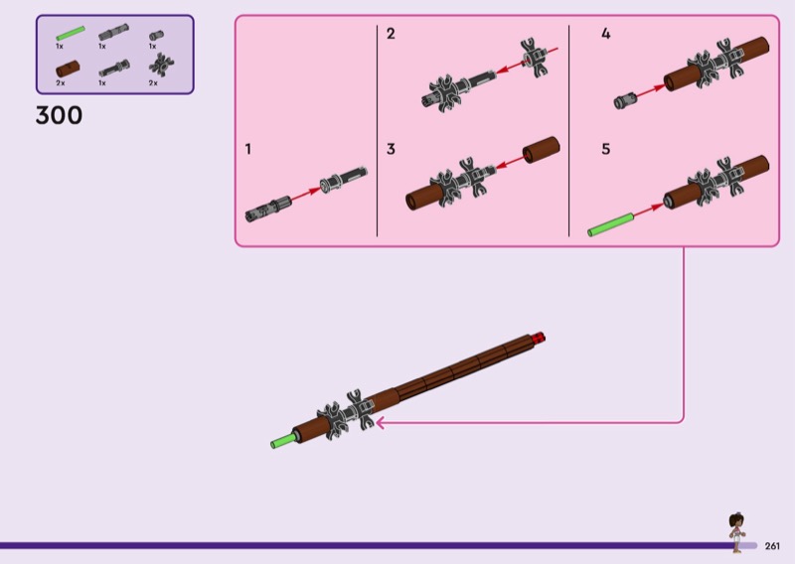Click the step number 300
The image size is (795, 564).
click(x=59, y=116)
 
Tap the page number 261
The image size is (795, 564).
click(x=772, y=545)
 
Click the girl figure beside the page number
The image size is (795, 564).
click(x=737, y=532)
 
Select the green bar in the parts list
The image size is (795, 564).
click(x=69, y=36)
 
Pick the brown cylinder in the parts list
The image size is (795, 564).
click(x=68, y=68)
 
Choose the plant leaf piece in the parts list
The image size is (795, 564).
click(x=156, y=67)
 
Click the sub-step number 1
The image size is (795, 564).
click(x=248, y=150)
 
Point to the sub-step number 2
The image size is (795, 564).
click(x=391, y=34)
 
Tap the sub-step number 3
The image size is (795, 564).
click(x=391, y=150)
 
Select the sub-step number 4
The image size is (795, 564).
click(x=605, y=34)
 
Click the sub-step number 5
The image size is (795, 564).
click(x=605, y=150)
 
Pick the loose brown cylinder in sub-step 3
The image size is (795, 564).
click(x=543, y=150)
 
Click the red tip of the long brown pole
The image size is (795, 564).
click(x=540, y=336)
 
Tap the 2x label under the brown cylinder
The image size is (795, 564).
click(x=60, y=83)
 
